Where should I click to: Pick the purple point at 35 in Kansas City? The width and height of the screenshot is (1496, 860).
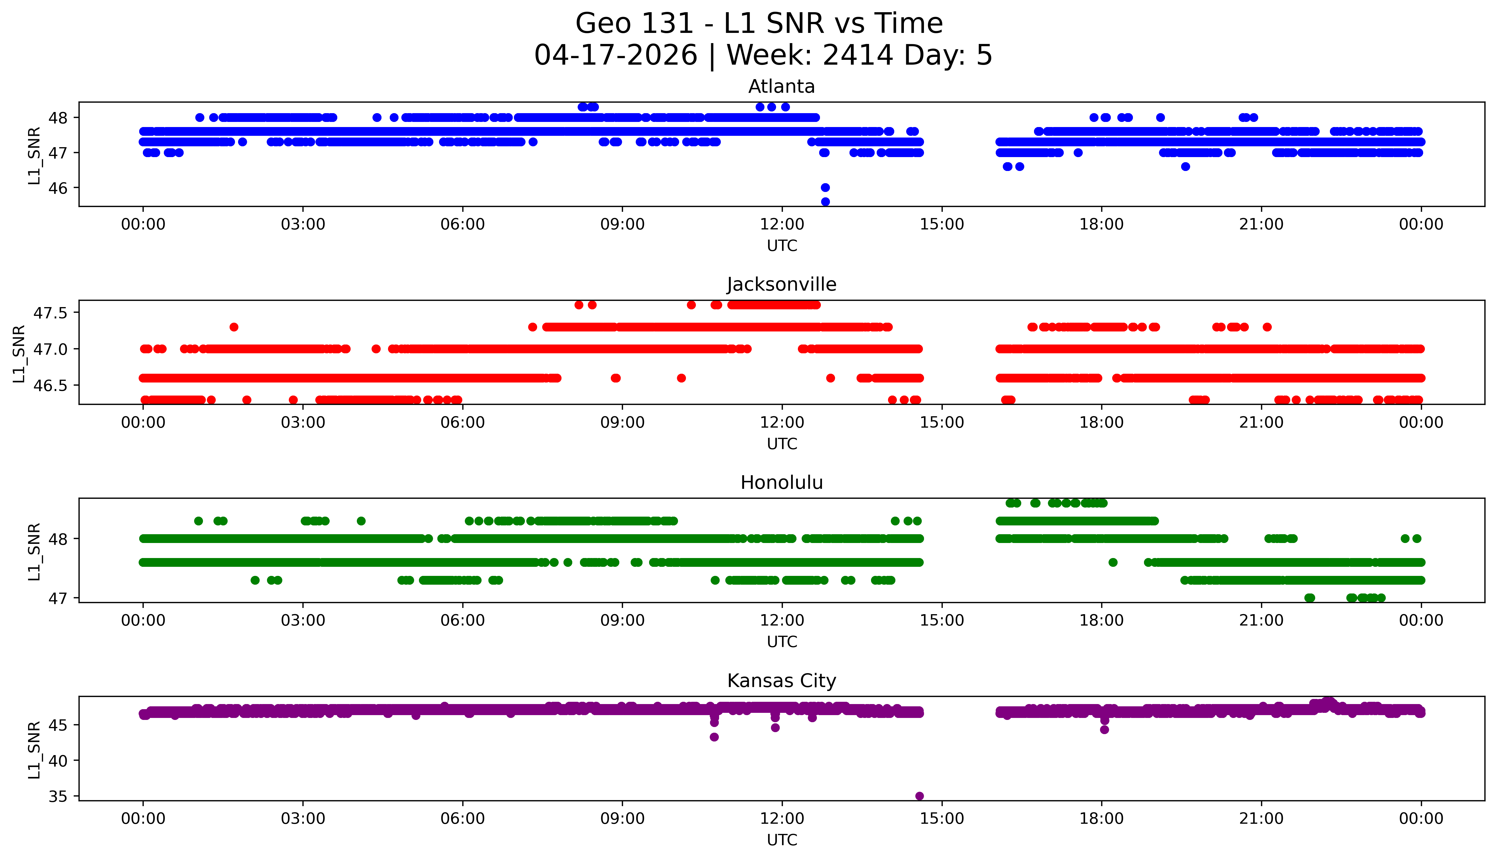click(919, 796)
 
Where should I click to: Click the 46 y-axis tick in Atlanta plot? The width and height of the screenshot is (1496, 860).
click(62, 188)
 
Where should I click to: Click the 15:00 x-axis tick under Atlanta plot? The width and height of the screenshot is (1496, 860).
click(942, 225)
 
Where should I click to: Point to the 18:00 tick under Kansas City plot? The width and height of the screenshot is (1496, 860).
click(1102, 819)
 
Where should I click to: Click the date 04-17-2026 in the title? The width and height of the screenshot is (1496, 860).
click(616, 56)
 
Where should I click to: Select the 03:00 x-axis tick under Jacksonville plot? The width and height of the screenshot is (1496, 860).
click(303, 422)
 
